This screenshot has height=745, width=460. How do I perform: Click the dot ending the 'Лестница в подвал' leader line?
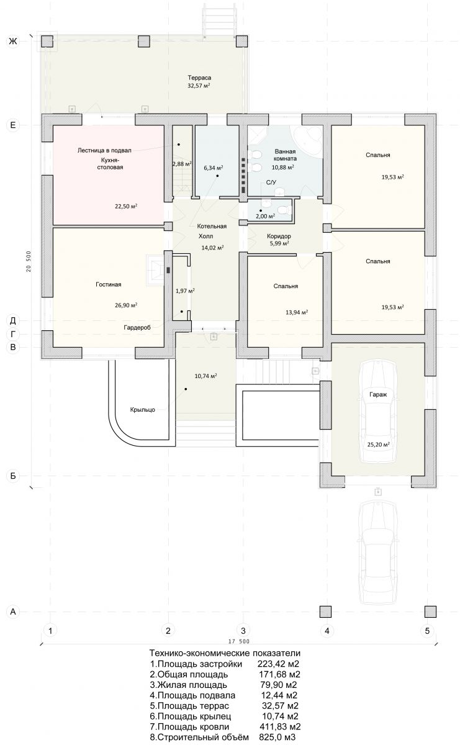(179, 145)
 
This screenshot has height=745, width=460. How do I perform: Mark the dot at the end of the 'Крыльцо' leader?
(186, 389)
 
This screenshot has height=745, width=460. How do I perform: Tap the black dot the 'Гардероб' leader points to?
(182, 312)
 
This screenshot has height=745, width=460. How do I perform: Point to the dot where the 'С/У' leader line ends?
(261, 210)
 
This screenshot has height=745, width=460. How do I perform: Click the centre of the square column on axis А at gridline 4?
(326, 612)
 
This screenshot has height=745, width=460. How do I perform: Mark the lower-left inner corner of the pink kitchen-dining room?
(53, 224)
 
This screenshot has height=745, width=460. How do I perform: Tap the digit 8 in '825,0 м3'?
(261, 737)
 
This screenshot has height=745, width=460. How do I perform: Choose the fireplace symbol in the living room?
(155, 269)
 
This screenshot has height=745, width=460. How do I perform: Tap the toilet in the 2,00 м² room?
(284, 210)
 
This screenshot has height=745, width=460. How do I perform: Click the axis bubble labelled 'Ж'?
(13, 41)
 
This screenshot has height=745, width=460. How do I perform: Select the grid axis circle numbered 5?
(427, 630)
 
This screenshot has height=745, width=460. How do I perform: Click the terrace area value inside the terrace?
(199, 86)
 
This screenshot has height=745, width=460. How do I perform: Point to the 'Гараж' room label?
(378, 394)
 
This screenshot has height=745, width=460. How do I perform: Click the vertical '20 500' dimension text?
(29, 261)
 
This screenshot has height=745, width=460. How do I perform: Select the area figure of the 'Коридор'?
(279, 243)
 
